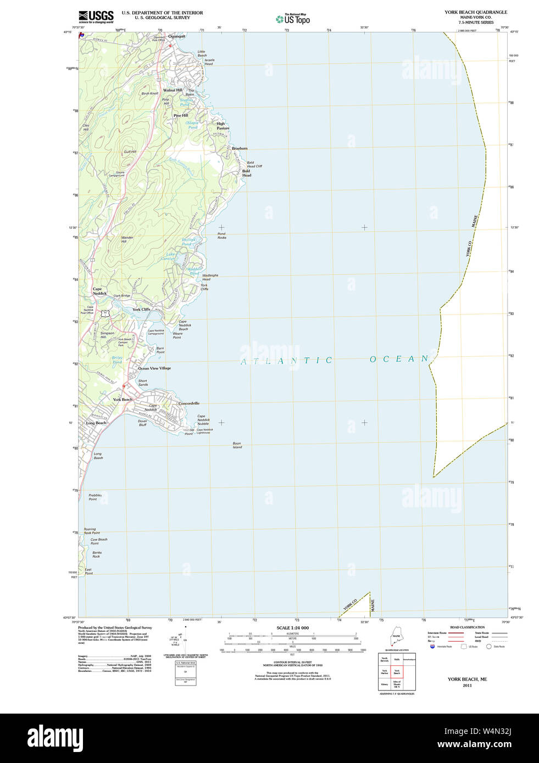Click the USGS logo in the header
[x=96, y=16]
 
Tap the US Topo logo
[x=293, y=19]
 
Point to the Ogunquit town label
[x=177, y=36]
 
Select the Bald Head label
[x=247, y=173]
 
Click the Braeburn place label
[x=240, y=148]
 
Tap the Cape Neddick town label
[x=99, y=291]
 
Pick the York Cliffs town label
[x=141, y=309]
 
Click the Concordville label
[x=189, y=403]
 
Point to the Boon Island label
[x=237, y=445]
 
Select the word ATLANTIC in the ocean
[x=287, y=361]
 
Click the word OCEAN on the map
[x=399, y=359]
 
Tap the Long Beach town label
[x=96, y=423]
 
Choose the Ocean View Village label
[x=154, y=368]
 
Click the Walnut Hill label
[x=173, y=90]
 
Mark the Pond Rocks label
[x=221, y=235]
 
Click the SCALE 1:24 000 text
[x=292, y=628]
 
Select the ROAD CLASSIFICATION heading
[x=467, y=627]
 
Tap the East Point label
[x=88, y=571]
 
